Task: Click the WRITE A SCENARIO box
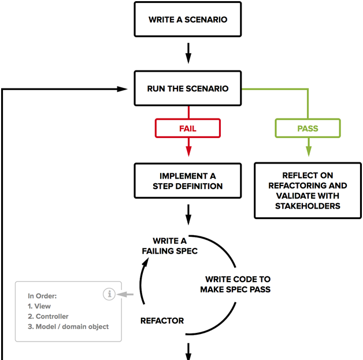188,20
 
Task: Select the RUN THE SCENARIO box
188,89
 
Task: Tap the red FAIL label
188,128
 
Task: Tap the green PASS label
308,128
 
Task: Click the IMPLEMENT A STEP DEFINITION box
188,180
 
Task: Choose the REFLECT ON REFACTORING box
308,191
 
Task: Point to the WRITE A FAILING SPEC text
170,246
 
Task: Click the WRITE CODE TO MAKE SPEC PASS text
235,284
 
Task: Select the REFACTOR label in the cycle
162,321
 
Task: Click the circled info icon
109,294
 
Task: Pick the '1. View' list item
39,306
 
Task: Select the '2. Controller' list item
48,317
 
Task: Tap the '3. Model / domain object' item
68,327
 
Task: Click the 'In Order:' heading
42,296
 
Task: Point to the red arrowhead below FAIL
188,152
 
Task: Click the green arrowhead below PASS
308,152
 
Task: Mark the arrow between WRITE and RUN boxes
188,54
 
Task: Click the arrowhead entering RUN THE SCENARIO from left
122,89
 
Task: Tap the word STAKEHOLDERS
308,206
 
